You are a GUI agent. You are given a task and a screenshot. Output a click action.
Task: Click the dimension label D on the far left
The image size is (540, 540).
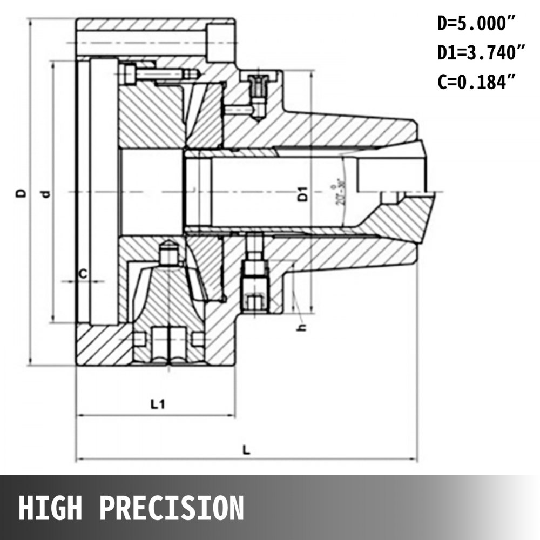20,193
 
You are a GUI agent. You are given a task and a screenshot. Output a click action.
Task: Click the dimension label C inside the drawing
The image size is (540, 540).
83,274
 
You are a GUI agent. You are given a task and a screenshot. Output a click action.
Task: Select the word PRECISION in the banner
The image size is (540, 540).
172,508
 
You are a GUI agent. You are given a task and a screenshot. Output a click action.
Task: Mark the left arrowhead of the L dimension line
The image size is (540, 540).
79,460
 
